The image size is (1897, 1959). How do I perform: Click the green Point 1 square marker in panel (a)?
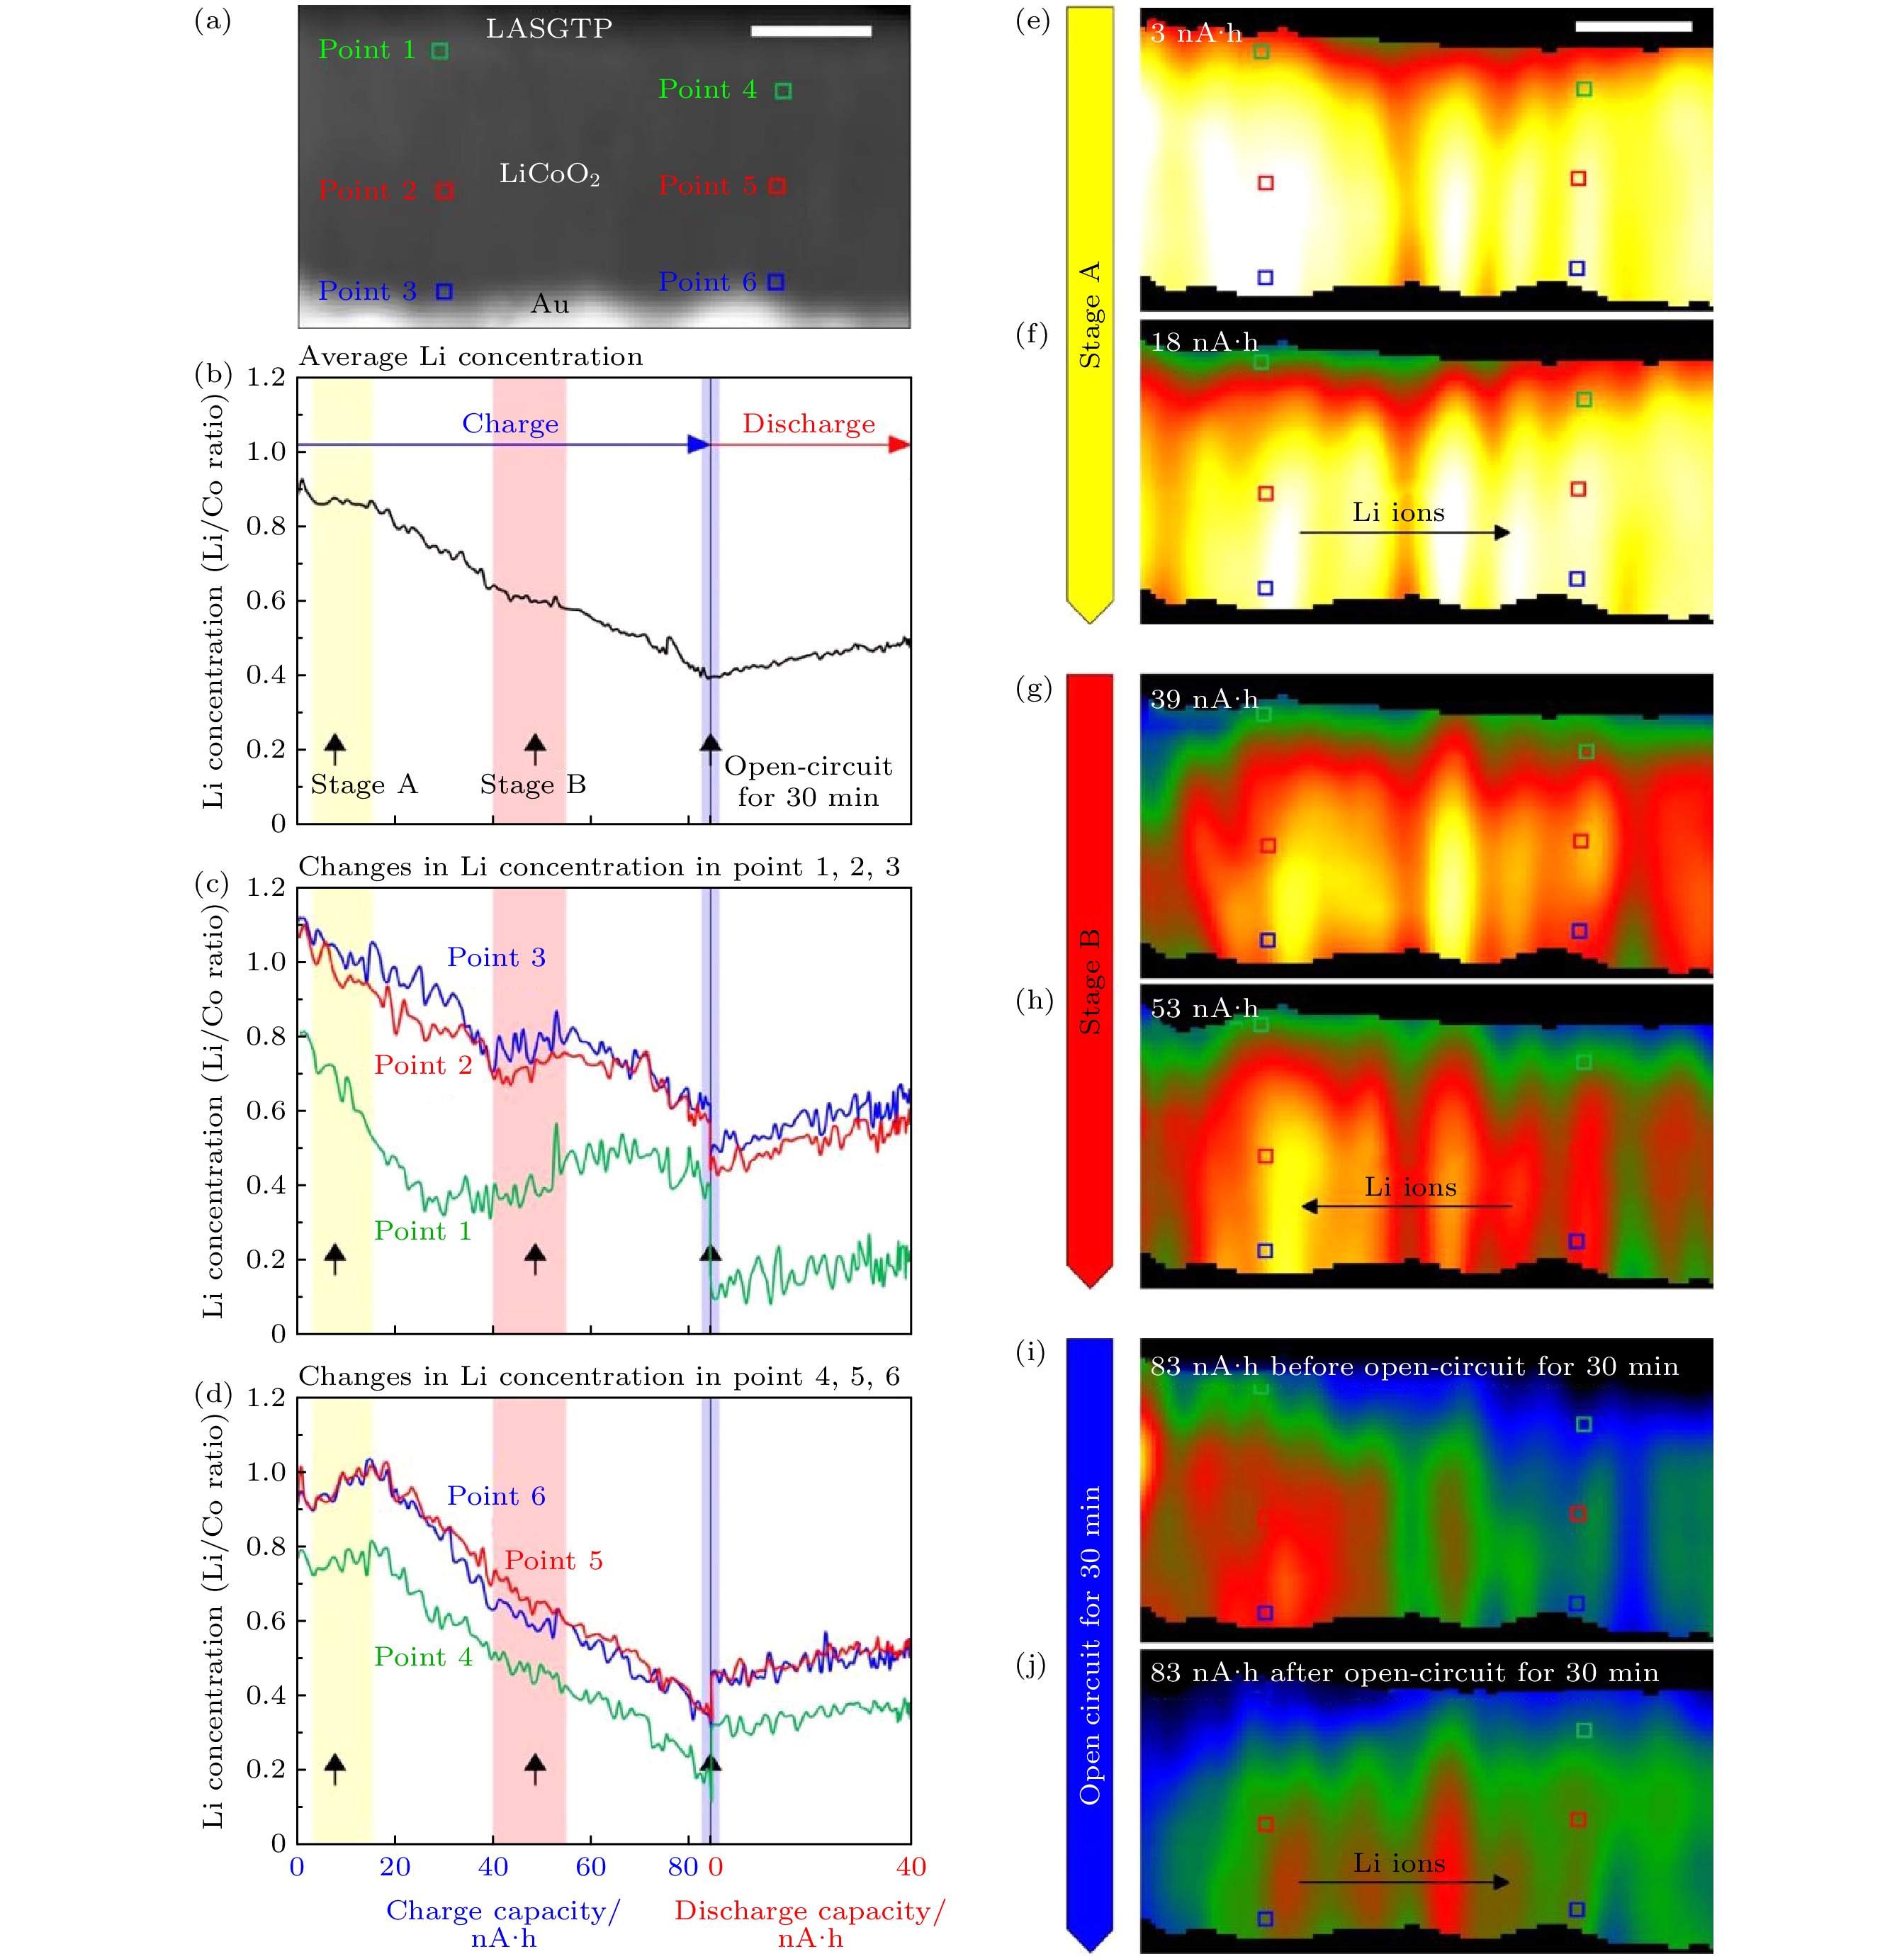[x=440, y=51]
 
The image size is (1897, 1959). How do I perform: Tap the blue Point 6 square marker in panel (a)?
[x=775, y=283]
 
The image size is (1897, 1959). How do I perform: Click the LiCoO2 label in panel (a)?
[x=548, y=175]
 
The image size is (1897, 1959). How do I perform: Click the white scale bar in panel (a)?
[x=811, y=32]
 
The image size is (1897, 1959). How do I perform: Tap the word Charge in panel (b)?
[x=510, y=424]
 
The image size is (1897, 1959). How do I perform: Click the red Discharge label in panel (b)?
[x=809, y=424]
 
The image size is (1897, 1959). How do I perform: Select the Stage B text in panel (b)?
[x=533, y=785]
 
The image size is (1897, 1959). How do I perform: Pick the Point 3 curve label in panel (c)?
[x=496, y=958]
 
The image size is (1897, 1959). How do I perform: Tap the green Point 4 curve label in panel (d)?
[x=423, y=1656]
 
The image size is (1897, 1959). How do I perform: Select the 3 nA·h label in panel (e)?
[x=1195, y=34]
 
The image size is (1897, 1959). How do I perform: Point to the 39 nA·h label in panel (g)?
[x=1203, y=700]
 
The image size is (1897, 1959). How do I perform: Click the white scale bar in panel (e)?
[x=1633, y=27]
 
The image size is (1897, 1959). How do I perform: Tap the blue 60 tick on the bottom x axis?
[x=591, y=1866]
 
